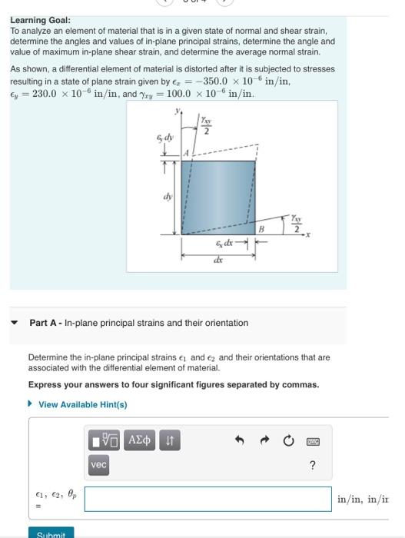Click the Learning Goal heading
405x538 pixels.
[x=40, y=20]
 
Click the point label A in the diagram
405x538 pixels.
[x=185, y=154]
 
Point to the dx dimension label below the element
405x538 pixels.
[x=219, y=260]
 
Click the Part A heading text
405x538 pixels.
[x=138, y=323]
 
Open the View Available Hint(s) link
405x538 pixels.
[x=82, y=404]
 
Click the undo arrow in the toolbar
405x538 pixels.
[x=239, y=440]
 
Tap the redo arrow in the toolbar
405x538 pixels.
[x=264, y=440]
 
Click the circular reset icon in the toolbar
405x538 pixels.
[x=287, y=440]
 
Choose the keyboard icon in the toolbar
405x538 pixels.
[x=312, y=440]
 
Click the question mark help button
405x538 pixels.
[x=312, y=465]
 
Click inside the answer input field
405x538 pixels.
[x=207, y=499]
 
